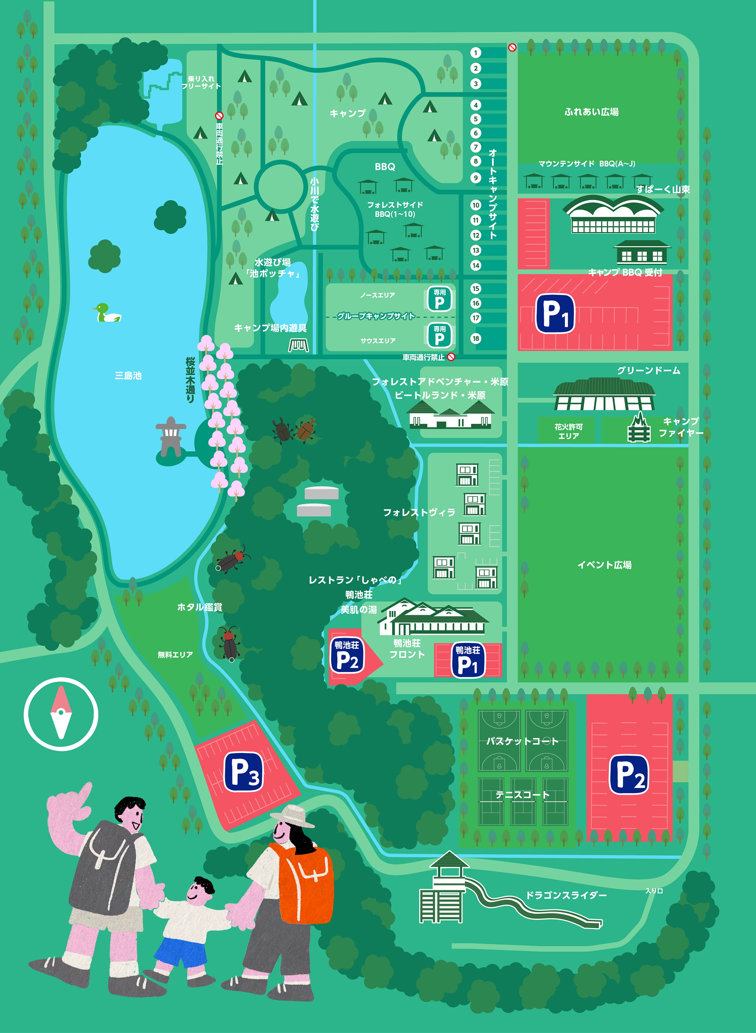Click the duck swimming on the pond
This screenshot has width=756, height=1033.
coord(107,313)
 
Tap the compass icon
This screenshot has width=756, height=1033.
coord(61,714)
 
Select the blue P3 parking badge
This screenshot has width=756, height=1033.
coord(243,772)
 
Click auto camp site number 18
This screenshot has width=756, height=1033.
coord(476,339)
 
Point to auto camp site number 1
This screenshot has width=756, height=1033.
coord(476,53)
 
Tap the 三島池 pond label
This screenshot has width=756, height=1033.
coord(128,376)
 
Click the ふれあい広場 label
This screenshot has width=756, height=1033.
coord(591,112)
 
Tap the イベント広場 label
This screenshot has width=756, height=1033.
coord(604,565)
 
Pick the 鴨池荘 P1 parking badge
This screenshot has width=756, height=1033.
coord(467,660)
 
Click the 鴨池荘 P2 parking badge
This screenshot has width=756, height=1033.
coord(347,655)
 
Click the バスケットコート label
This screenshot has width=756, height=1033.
coord(522,741)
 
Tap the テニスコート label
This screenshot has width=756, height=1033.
coord(522,795)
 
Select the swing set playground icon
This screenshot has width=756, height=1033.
coord(298,345)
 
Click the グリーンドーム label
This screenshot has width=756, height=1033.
coord(648,370)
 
